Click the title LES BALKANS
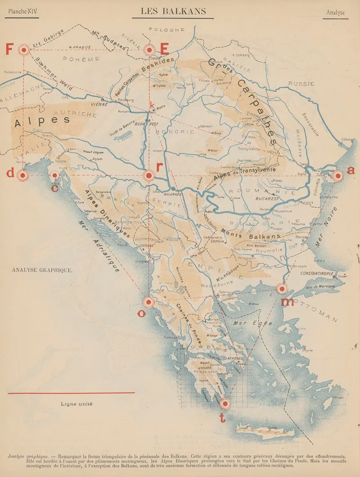pos(174,11)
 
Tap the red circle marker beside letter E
pos(149,50)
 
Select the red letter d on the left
pos(10,174)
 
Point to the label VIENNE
pos(99,104)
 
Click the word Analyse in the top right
pos(336,13)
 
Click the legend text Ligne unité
pos(77,404)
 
